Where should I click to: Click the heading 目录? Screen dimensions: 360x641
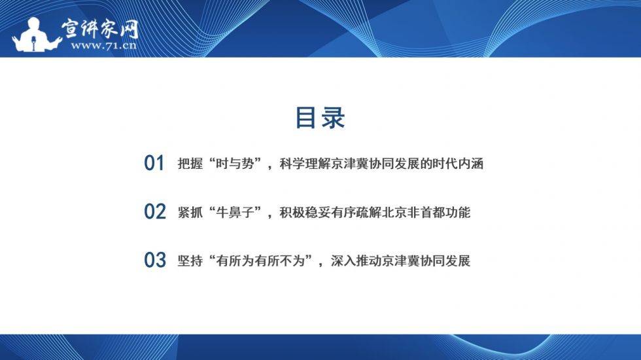[320, 118]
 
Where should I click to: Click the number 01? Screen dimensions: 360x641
[154, 164]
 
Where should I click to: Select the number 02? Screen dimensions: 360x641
[155, 212]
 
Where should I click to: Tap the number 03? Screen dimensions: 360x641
[155, 261]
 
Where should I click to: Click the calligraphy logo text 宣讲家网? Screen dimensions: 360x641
[100, 27]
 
